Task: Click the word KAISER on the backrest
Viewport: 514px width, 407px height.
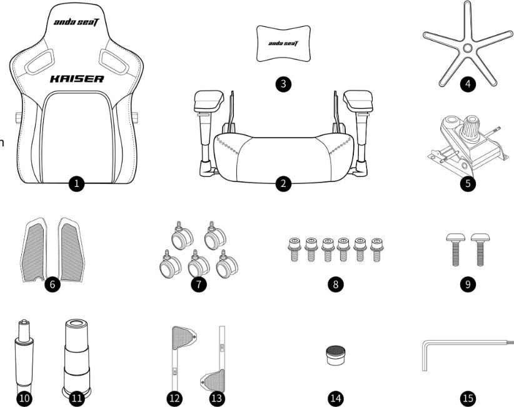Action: tap(77, 79)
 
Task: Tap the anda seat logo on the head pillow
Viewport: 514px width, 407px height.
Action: tap(283, 44)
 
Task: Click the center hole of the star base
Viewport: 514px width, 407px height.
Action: tap(468, 48)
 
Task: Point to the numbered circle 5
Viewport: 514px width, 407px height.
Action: tap(468, 183)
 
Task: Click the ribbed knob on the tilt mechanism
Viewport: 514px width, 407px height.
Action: tap(471, 128)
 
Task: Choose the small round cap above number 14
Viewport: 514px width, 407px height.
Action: tap(335, 356)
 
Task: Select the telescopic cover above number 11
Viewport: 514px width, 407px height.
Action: tap(76, 357)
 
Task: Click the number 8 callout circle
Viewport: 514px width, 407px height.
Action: tap(335, 284)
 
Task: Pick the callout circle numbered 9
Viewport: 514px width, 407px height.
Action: tap(468, 284)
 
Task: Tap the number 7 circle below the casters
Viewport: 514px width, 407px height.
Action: tap(199, 284)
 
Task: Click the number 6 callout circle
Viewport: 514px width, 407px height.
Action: tap(53, 284)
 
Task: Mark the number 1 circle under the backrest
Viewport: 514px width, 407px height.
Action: tap(76, 183)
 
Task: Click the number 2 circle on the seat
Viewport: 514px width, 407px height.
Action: tap(283, 183)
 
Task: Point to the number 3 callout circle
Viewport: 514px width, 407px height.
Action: tap(283, 84)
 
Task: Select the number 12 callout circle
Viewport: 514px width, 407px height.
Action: tap(174, 398)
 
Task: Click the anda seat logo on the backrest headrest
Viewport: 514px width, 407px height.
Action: tap(76, 23)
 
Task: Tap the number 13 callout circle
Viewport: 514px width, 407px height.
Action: tap(217, 398)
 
